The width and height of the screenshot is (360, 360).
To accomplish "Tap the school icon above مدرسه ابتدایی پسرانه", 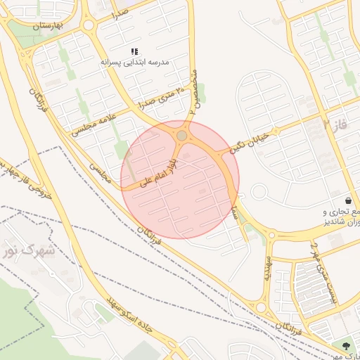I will coord(135,52).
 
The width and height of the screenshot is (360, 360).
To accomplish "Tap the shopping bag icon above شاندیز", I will coord(348,200).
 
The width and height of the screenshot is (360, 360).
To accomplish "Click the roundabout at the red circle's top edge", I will coord(182,134).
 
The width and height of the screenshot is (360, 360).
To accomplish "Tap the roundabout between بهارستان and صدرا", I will coord(89,27).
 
